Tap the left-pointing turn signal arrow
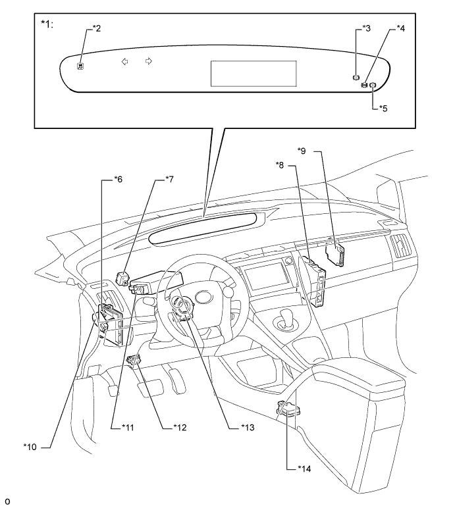pos(124,61)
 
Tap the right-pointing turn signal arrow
pos(149,61)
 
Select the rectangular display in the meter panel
pos(254,74)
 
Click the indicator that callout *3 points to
pos(356,77)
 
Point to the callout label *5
pos(383,108)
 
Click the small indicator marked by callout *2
pos(80,66)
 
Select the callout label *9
pos(302,151)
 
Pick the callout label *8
pos(280,165)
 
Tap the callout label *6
pos(119,179)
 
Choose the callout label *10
pos(30,447)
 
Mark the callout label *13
pos(248,428)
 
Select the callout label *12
pos(180,428)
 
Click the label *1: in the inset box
pos(47,24)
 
